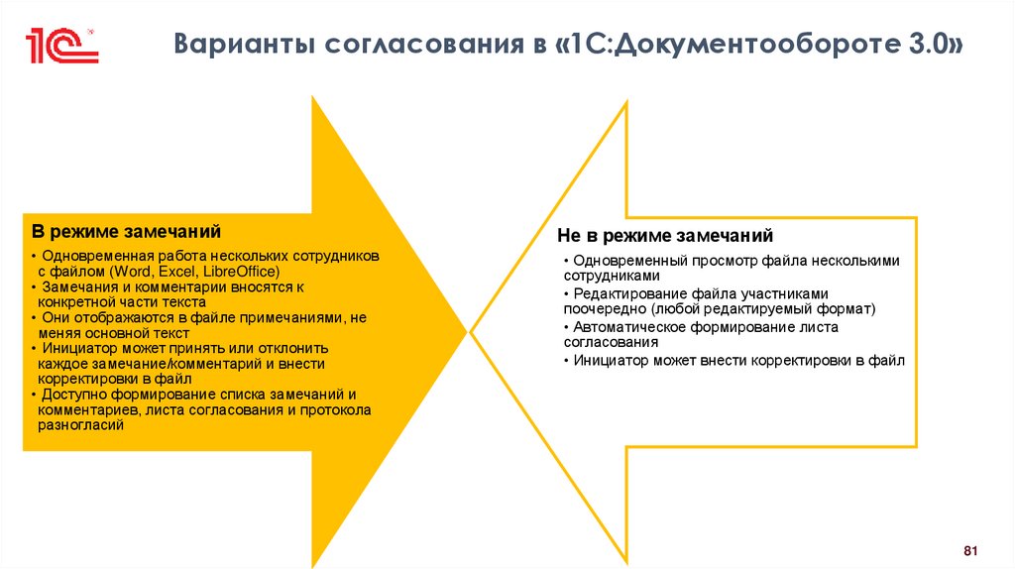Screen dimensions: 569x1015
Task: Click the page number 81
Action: pos(970,550)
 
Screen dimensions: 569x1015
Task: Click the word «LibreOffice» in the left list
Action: pos(244,272)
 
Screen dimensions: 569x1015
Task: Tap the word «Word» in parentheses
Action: pos(133,272)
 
